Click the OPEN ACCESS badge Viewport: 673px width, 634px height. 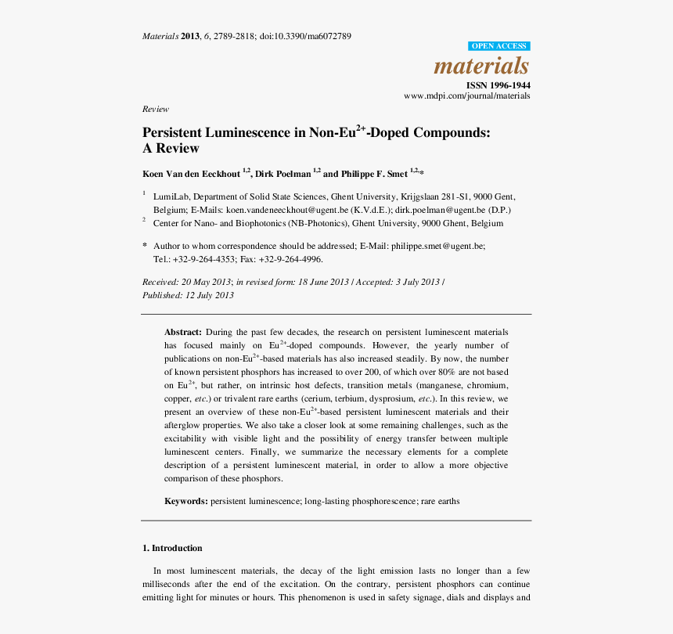point(498,46)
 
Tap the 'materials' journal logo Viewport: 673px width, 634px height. point(481,66)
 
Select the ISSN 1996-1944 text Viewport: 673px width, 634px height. point(498,85)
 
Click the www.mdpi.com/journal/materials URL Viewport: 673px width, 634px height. point(466,95)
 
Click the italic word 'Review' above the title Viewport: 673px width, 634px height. point(155,109)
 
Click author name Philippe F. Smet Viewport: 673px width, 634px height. point(374,174)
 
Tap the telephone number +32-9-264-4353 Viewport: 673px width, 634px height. point(203,259)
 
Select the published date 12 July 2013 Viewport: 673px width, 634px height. point(209,295)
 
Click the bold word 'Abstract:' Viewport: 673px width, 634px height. point(183,332)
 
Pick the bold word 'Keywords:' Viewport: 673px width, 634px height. point(185,500)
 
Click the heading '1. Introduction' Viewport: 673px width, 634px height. point(172,548)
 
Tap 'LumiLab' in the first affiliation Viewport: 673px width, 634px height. point(170,196)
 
